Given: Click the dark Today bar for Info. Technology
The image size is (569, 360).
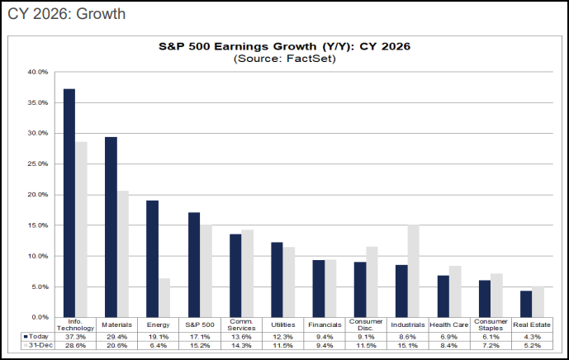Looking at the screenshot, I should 69,202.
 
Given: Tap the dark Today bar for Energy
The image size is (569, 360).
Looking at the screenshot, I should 152,258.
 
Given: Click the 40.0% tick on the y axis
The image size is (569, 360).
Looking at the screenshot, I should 38,72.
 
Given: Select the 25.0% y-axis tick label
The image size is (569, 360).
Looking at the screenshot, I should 38,163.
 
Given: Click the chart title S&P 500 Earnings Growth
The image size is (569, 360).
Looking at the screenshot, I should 284,47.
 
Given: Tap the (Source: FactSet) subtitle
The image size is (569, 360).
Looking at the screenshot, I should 284,59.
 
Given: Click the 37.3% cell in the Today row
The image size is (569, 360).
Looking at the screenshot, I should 75,336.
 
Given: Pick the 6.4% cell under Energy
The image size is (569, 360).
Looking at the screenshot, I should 158,345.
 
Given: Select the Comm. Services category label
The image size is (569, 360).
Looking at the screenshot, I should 240,324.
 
